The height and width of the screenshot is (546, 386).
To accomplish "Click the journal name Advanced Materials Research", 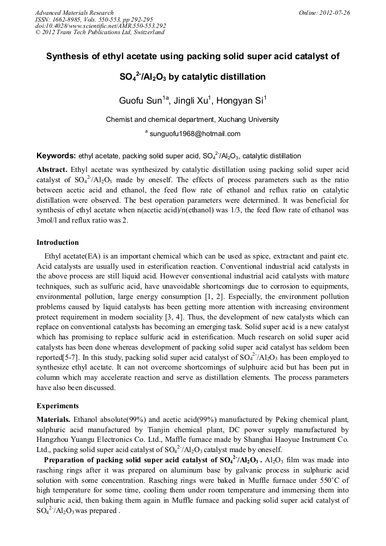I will click(x=74, y=13).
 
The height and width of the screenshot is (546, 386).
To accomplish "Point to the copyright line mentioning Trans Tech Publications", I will click(x=100, y=32).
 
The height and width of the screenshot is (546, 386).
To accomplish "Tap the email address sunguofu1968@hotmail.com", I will click(x=195, y=134).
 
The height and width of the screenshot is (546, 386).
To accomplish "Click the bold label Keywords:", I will click(x=56, y=155).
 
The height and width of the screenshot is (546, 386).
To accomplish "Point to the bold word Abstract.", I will click(x=52, y=170).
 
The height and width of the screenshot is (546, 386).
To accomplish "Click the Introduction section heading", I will click(x=58, y=243).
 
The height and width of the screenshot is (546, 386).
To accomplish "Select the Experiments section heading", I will click(x=58, y=406).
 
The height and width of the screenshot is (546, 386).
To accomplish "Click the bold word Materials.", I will click(x=55, y=419).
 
